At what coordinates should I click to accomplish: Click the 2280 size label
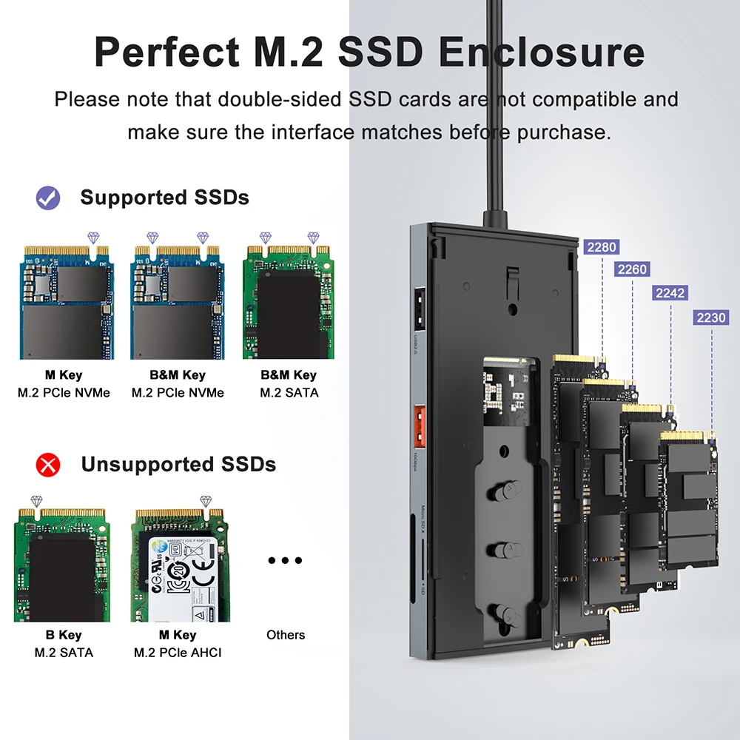coord(601,247)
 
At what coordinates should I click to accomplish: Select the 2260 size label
coord(632,270)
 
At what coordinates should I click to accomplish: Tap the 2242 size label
coord(670,293)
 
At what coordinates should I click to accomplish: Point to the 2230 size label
coord(710,317)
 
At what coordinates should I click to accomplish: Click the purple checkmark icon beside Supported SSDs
coord(48,198)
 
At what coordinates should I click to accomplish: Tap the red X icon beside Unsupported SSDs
coord(48,465)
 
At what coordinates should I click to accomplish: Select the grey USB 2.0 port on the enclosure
coord(418,309)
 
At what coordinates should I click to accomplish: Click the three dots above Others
coord(285,561)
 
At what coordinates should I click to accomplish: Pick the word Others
coord(285,635)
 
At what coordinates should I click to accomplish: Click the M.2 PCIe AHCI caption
coord(178,653)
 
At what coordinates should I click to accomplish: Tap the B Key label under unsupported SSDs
coord(64,635)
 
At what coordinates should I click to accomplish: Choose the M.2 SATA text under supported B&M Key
coord(289,393)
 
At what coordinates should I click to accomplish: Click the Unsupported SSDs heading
coord(178,465)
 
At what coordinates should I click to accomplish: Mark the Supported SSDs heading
coord(164,198)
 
